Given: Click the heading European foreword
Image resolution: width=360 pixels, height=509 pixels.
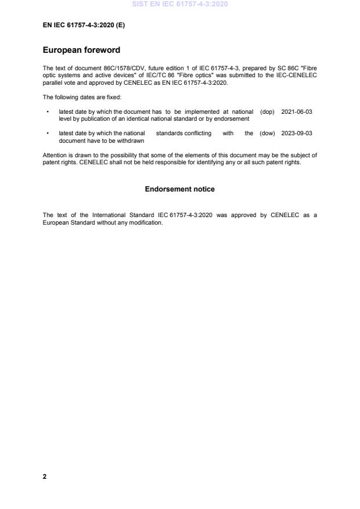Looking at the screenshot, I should click(x=81, y=50).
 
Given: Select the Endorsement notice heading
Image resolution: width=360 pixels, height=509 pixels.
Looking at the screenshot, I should click(x=179, y=189).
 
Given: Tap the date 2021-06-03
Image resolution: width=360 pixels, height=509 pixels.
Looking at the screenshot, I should click(x=297, y=111).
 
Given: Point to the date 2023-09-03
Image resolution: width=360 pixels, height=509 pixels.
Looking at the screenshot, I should click(x=297, y=133).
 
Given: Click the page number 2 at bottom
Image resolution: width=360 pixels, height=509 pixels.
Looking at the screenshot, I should click(x=45, y=476).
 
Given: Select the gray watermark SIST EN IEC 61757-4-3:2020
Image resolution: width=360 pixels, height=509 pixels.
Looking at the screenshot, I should click(x=180, y=4).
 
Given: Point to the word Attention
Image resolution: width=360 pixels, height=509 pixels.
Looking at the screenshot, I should click(x=55, y=155).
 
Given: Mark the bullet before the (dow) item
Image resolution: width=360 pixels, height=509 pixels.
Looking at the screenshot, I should click(x=47, y=133).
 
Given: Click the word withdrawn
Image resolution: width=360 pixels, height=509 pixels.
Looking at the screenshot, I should click(x=132, y=140).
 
